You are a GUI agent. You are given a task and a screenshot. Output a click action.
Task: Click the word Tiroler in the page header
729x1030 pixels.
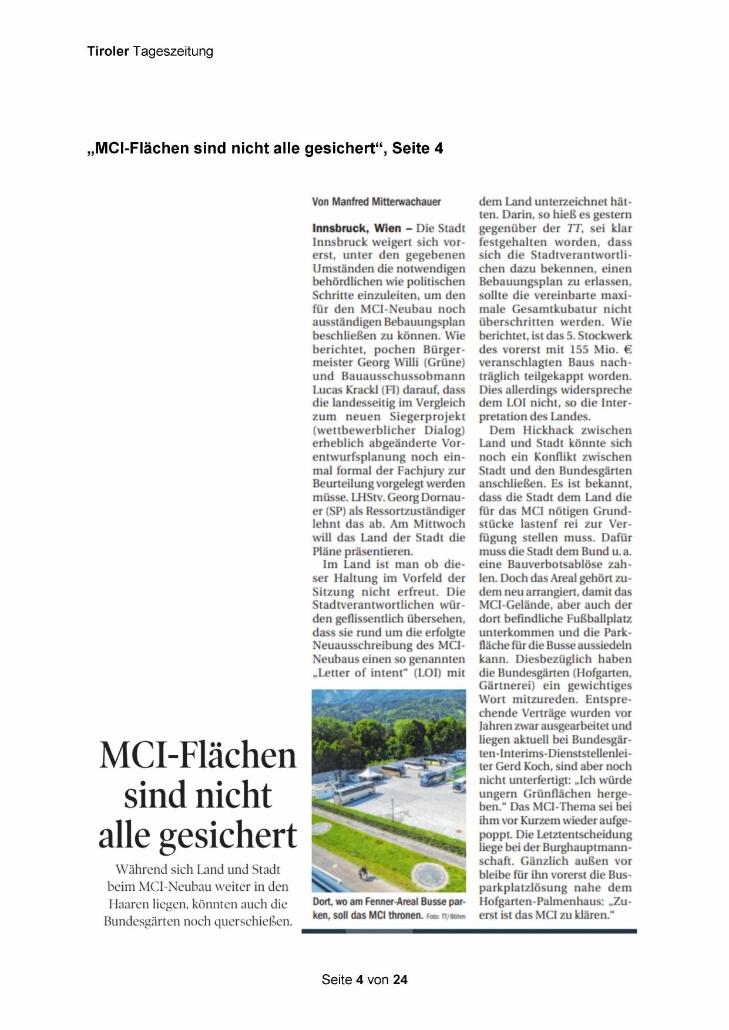(108, 51)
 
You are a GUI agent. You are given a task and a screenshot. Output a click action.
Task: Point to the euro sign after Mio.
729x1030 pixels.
(628, 349)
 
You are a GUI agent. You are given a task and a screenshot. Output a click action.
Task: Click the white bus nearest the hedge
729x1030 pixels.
(354, 795)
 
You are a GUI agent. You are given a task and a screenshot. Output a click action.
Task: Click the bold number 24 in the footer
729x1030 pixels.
(400, 979)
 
